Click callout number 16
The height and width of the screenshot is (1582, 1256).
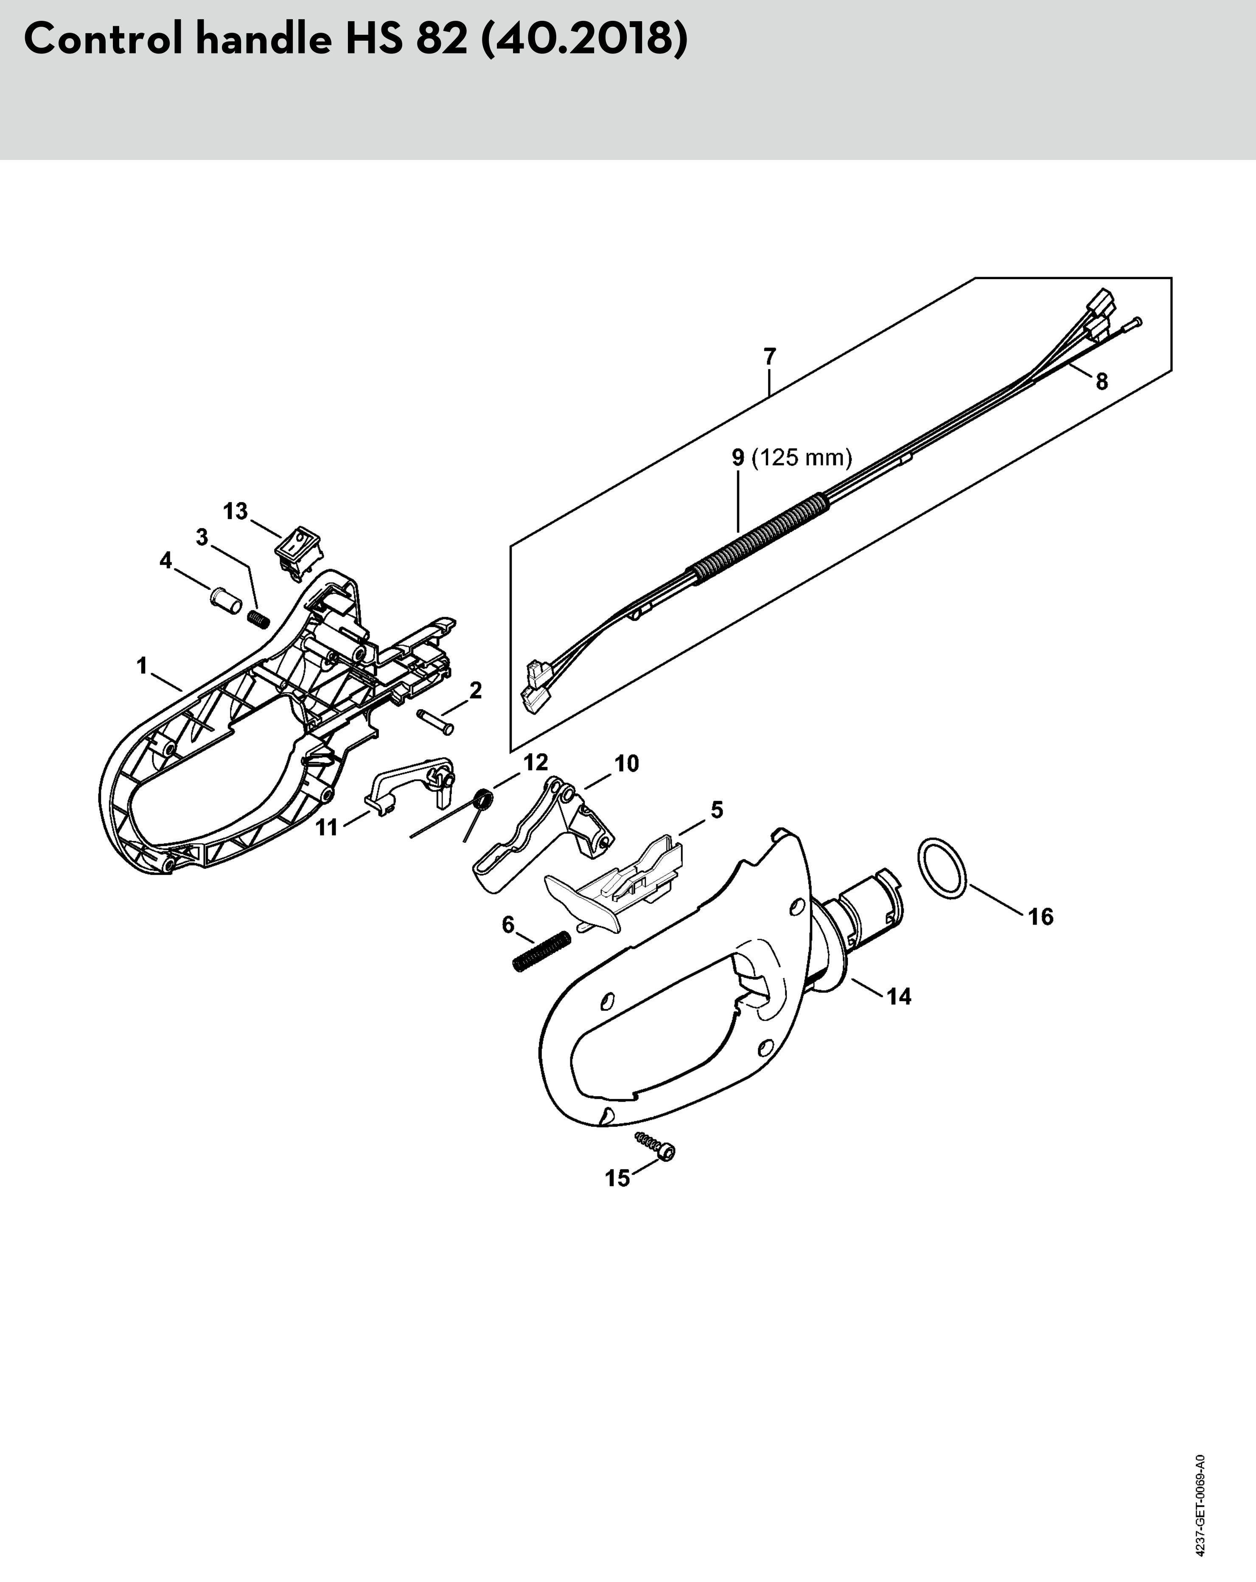pyautogui.click(x=1040, y=917)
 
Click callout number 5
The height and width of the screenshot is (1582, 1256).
pyautogui.click(x=717, y=810)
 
